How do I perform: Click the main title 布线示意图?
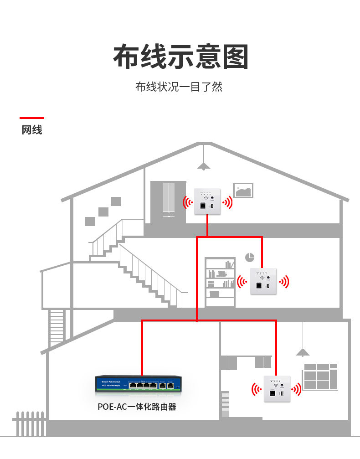click(180, 57)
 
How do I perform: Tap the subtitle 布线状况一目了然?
click(179, 87)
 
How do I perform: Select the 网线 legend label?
click(32, 130)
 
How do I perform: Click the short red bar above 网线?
click(32, 118)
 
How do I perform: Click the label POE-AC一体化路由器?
click(137, 407)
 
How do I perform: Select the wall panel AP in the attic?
click(207, 201)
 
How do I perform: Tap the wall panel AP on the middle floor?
click(263, 281)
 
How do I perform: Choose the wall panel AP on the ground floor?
click(277, 389)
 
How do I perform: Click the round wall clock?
click(249, 257)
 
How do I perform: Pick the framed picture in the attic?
click(243, 191)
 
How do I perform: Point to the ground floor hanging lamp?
click(303, 351)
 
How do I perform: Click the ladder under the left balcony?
click(57, 326)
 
